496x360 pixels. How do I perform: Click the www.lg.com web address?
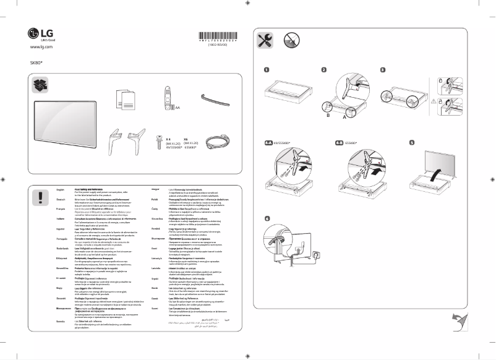click(x=40, y=47)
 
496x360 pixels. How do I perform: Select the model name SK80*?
click(x=36, y=62)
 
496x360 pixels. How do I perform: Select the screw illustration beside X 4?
click(x=160, y=140)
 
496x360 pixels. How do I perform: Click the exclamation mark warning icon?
click(x=41, y=197)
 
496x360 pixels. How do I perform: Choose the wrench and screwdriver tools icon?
click(x=267, y=41)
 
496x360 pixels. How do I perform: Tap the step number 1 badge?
click(x=267, y=71)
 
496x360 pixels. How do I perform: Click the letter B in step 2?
click(x=328, y=116)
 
